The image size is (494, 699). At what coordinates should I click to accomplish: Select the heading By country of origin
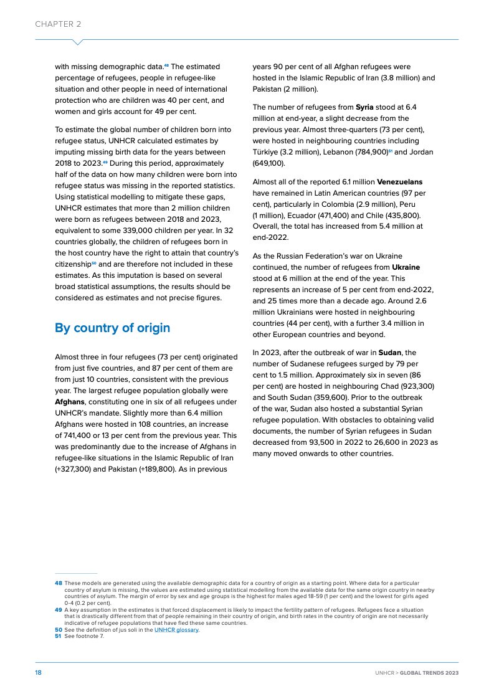click(112, 328)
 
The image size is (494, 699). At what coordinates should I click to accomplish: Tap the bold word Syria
click(364, 107)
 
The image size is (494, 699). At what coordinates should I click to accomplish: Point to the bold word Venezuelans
click(400, 182)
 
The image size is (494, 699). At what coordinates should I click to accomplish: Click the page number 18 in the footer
click(38, 673)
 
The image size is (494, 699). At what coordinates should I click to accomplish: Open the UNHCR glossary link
click(176, 630)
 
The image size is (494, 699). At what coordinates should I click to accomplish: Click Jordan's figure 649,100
click(268, 163)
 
